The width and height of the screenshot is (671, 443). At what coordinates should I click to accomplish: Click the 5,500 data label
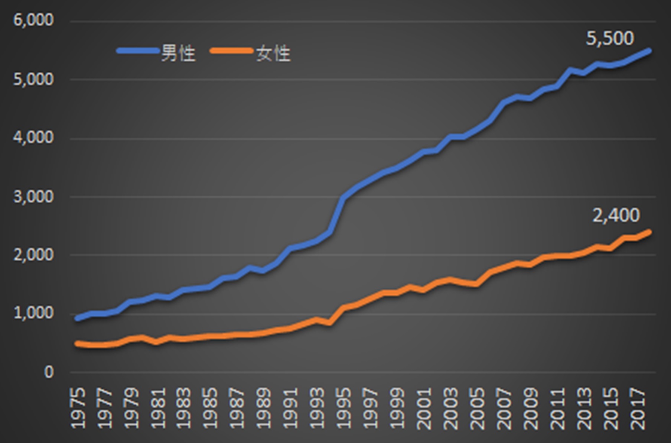610,39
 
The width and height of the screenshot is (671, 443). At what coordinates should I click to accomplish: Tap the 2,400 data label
616,216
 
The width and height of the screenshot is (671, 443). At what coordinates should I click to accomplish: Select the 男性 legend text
178,54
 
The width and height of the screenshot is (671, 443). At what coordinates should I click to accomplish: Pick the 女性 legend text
273,54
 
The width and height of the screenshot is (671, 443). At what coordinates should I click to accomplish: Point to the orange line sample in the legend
231,51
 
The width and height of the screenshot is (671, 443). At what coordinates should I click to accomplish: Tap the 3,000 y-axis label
33,197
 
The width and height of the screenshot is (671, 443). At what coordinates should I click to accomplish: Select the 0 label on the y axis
49,372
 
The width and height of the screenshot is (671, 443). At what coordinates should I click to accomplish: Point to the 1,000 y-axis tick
33,313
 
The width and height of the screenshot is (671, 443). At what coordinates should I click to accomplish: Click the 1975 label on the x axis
78,408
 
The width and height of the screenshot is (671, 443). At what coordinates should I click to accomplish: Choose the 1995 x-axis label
344,408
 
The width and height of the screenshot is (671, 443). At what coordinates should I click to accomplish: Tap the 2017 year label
637,408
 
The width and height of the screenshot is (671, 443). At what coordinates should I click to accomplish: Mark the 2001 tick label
424,408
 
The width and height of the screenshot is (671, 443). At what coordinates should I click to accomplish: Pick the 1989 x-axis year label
264,408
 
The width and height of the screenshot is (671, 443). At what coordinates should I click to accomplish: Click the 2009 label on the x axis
531,408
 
